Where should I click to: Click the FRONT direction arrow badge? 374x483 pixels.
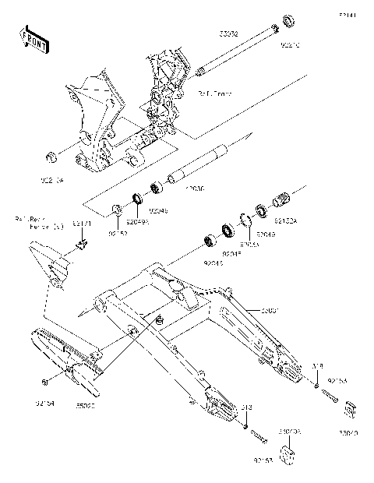35,39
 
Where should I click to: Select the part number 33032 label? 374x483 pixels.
228,35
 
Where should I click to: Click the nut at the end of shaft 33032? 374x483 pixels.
288,19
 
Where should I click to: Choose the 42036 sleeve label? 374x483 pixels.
193,188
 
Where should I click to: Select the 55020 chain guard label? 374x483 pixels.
85,405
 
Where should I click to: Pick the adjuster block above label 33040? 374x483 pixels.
349,409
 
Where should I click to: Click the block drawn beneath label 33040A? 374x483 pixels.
289,456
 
